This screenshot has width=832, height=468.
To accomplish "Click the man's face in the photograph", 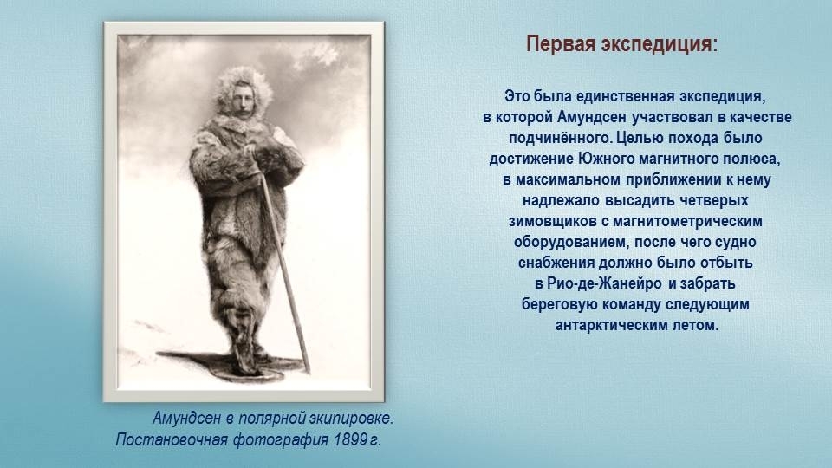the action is pyautogui.click(x=242, y=99).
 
